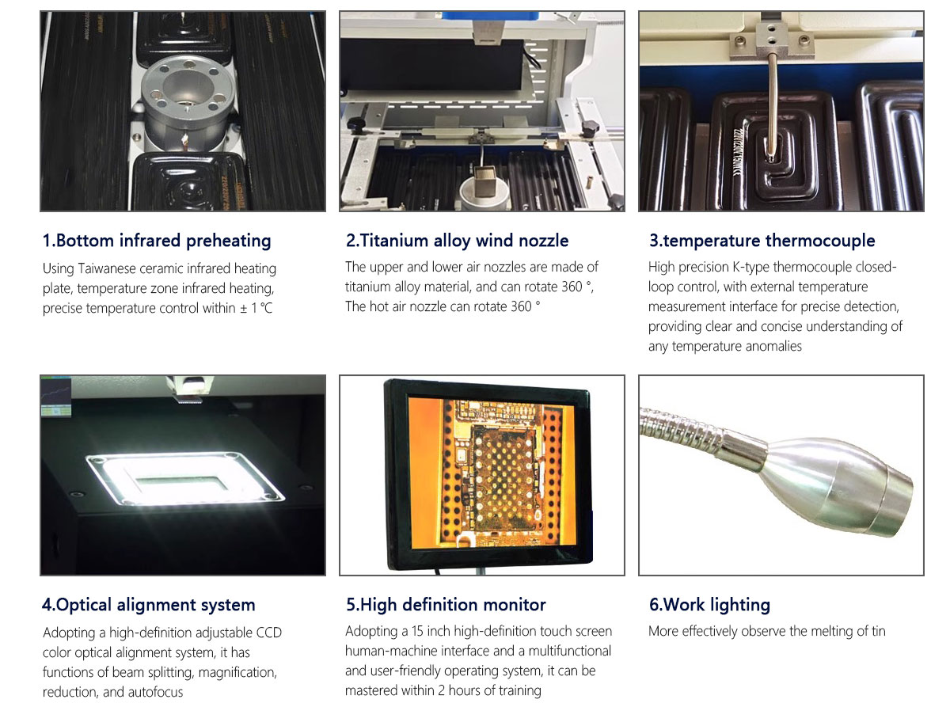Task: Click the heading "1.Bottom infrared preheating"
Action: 157,241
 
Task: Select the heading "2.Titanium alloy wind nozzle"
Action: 457,241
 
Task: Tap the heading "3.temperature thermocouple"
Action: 762,241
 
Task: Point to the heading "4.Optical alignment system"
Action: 149,605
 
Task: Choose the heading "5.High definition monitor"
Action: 446,605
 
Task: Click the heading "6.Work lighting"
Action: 709,605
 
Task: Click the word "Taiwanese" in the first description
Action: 107,268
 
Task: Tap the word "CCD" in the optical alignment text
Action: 269,633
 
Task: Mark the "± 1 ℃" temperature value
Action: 256,308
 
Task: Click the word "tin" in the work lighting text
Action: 878,631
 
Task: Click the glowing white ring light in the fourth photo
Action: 185,478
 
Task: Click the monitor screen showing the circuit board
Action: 491,473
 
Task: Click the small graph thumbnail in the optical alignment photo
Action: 56,397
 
